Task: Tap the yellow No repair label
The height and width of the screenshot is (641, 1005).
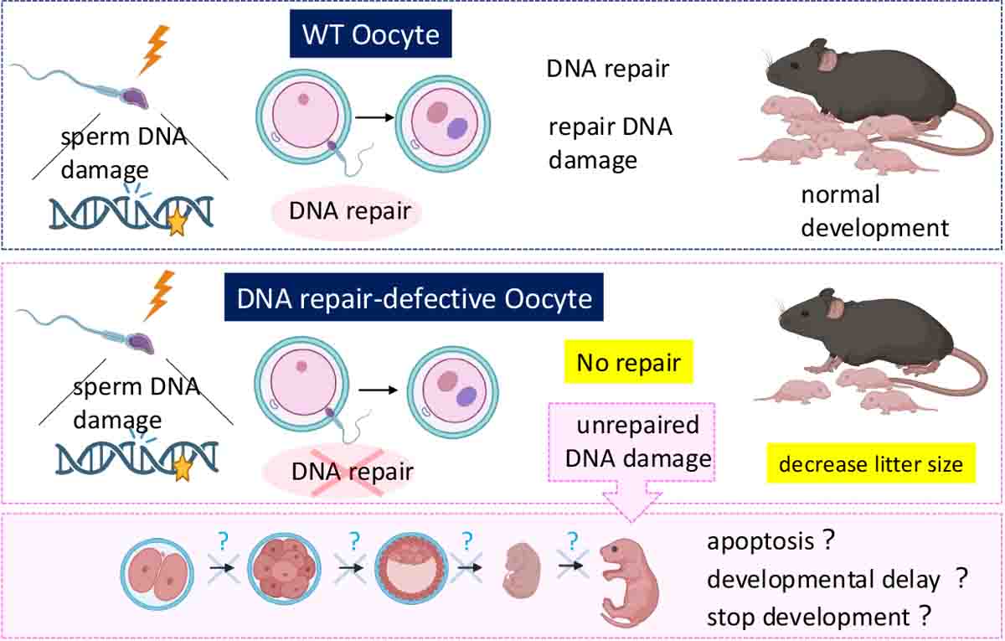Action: [x=628, y=363]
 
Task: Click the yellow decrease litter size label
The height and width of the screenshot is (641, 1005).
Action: [x=871, y=463]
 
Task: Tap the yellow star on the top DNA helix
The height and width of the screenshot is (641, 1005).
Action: [x=177, y=224]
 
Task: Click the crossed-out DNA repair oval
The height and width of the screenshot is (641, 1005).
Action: [x=351, y=472]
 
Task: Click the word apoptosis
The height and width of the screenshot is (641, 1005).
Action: [x=760, y=542]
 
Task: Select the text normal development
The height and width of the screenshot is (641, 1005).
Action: [x=874, y=210]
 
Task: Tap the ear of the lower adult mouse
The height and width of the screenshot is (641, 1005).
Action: [x=835, y=308]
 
